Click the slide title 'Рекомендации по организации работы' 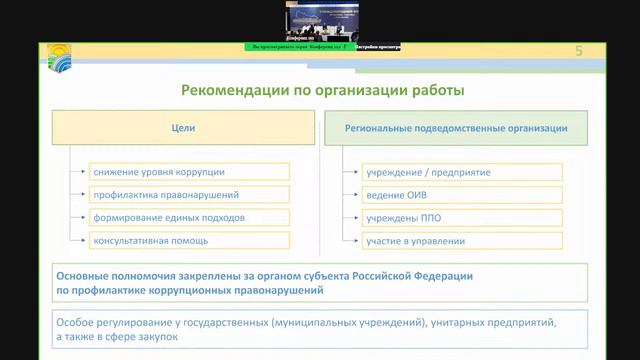pyautogui.click(x=323, y=91)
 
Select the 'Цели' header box pyautogui.click(x=183, y=129)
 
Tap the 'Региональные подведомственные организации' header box pyautogui.click(x=457, y=129)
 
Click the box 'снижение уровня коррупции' pyautogui.click(x=190, y=172)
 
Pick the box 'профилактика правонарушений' pyautogui.click(x=190, y=195)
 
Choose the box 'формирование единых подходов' pyautogui.click(x=190, y=217)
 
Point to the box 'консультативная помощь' pyautogui.click(x=190, y=241)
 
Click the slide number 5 pyautogui.click(x=578, y=51)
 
